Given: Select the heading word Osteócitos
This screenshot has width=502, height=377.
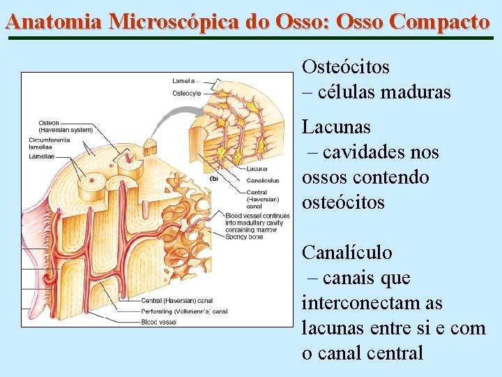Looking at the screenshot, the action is pyautogui.click(x=346, y=67).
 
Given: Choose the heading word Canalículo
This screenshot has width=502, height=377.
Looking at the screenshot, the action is pyautogui.click(x=347, y=253).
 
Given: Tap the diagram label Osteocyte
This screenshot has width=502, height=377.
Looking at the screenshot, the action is pyautogui.click(x=186, y=93).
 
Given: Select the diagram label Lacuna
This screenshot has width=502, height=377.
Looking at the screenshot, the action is pyautogui.click(x=257, y=168).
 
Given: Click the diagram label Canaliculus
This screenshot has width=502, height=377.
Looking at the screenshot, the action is pyautogui.click(x=263, y=180).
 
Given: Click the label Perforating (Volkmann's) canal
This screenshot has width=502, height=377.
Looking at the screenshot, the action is pyautogui.click(x=185, y=311).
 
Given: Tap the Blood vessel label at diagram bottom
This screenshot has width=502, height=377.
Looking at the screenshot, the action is pyautogui.click(x=158, y=322).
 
